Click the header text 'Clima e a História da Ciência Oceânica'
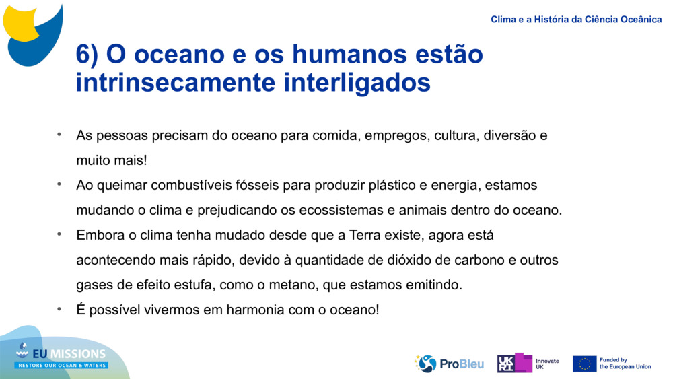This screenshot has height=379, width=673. pos(576,20)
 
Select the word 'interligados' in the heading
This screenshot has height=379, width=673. pos(357,83)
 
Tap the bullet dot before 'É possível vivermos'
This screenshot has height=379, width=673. pos(59,308)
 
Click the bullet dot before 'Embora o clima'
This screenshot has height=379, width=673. pos(59,234)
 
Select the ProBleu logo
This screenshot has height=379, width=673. pos(449,364)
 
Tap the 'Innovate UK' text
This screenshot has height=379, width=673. pos(546,364)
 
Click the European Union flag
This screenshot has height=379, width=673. pos(584,364)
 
